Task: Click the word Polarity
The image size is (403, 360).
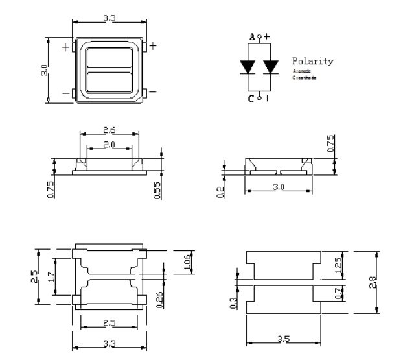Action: pos(312,62)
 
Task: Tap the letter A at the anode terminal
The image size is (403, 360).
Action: pos(252,38)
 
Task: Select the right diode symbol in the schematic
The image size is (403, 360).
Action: pos(271,66)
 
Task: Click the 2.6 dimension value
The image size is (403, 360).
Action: pos(109,130)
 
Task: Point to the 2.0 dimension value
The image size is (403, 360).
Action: pos(109,144)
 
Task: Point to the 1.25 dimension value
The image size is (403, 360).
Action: pos(339,264)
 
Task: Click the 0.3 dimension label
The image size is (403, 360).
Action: pos(235,302)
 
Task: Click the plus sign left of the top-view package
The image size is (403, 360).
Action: pos(65,47)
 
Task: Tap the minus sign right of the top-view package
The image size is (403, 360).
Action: pos(154,92)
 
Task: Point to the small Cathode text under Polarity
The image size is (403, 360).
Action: pos(302,77)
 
